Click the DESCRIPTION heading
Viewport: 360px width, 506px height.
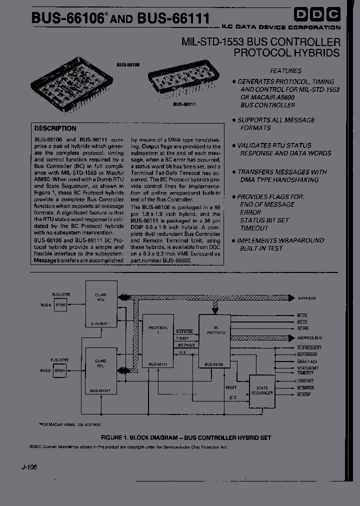tap(55, 128)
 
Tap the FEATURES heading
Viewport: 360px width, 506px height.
tap(286, 71)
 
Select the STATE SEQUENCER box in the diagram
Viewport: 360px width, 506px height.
tap(262, 390)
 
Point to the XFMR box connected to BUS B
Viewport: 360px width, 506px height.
tap(60, 370)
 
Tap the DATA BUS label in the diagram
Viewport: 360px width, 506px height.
tap(306, 298)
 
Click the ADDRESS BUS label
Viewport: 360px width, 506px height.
tap(309, 338)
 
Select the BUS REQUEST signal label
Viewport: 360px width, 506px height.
tap(309, 347)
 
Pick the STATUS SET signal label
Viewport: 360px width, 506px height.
tap(307, 368)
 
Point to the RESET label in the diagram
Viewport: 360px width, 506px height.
tap(231, 387)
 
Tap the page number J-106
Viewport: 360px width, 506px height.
tap(29, 467)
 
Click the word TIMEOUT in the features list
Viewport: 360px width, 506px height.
tap(254, 228)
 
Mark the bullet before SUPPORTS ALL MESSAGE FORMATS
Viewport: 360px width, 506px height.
tap(233, 120)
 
